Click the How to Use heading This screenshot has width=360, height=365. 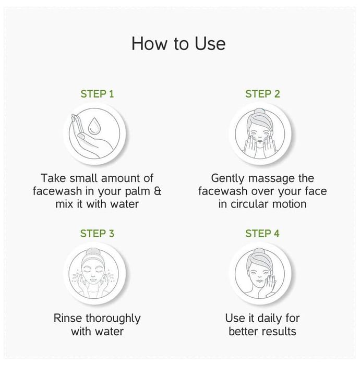178,43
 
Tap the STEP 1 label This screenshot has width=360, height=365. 97,94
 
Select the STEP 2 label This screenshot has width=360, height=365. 262,94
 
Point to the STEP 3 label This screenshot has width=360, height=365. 97,234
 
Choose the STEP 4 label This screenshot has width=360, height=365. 262,234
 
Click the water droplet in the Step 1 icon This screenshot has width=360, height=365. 93,126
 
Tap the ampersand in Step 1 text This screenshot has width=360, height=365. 158,191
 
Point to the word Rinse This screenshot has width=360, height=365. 67,318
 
